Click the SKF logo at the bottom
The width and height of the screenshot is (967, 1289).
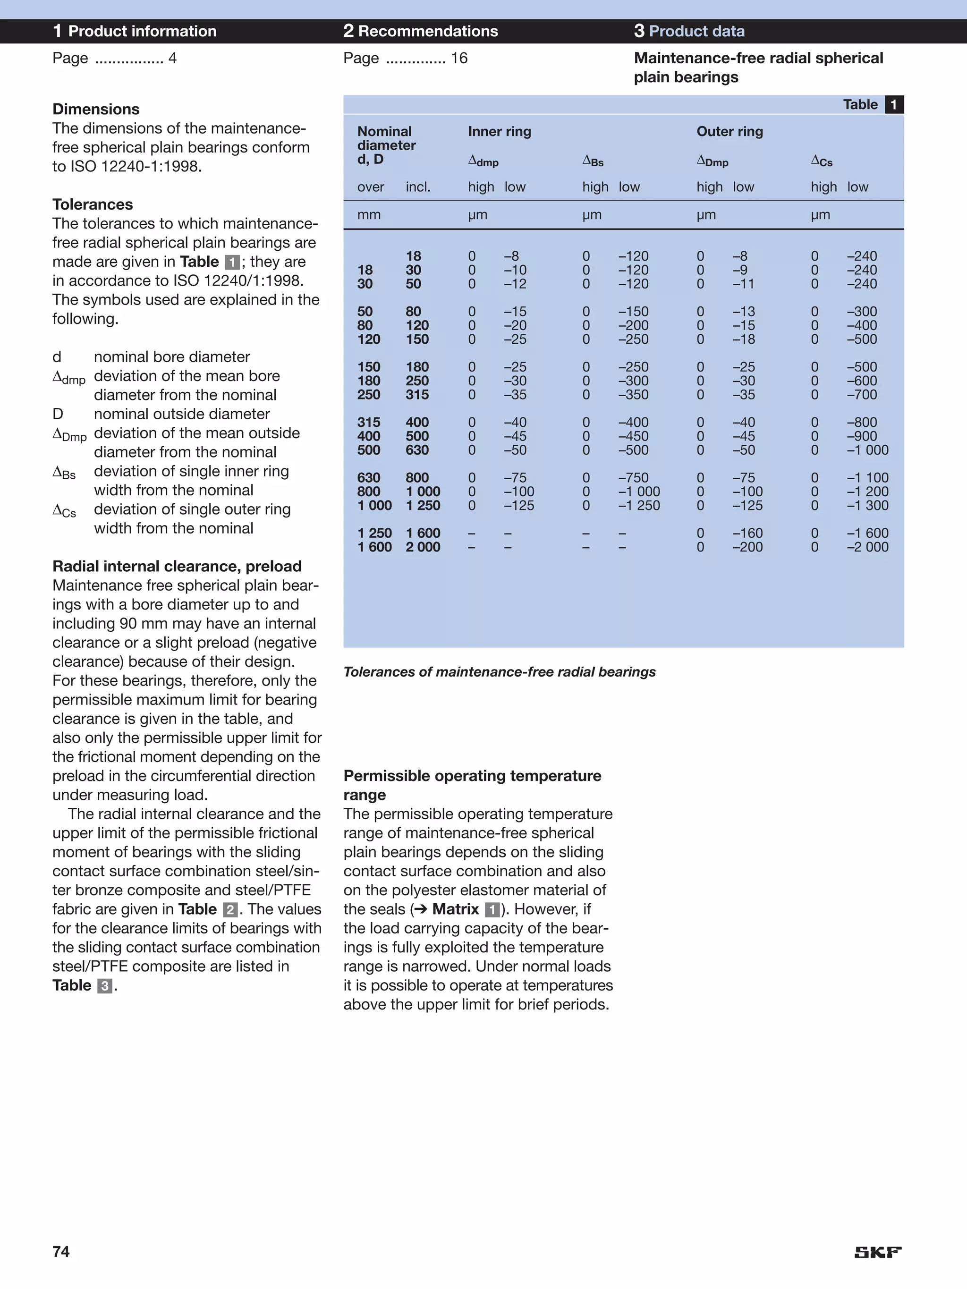[877, 1252]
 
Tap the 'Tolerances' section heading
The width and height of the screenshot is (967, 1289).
[92, 204]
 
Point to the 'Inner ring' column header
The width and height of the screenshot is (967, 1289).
[499, 131]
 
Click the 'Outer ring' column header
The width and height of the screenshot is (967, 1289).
[729, 131]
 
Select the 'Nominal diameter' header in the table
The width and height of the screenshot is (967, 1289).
[386, 139]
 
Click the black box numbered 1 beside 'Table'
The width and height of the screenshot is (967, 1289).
[893, 104]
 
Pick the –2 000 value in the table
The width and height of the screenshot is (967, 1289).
[867, 547]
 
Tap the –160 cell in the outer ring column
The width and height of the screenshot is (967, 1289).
[747, 533]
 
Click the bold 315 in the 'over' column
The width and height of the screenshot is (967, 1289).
[368, 422]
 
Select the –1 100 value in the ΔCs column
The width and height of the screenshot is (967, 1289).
[867, 477]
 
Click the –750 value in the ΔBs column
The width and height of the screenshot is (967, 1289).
[633, 477]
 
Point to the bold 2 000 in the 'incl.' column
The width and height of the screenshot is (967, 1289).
[423, 547]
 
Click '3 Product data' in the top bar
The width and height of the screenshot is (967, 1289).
[689, 31]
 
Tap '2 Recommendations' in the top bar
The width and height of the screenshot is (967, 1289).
[420, 31]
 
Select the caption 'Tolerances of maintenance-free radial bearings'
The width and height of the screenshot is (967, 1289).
[499, 672]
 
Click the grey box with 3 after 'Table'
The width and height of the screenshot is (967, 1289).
[104, 986]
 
